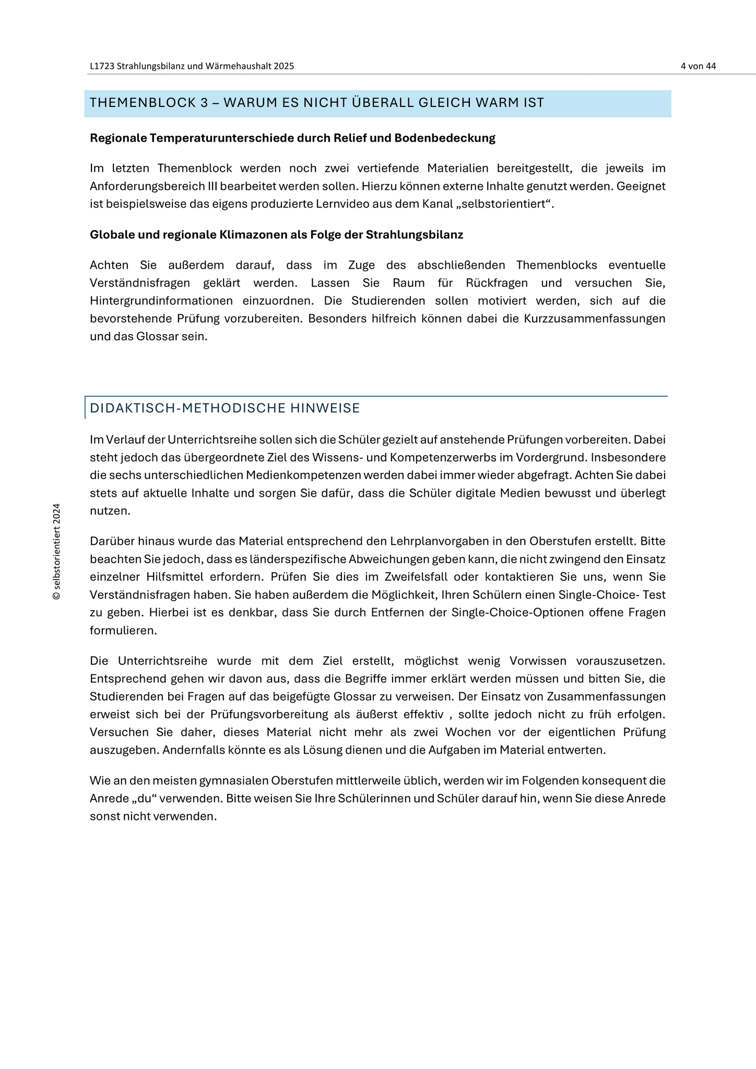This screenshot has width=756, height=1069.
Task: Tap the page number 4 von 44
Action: coord(698,66)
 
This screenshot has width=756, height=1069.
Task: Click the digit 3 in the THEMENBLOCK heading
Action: coord(204,103)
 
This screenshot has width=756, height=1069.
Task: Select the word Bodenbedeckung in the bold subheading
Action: coord(444,138)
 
